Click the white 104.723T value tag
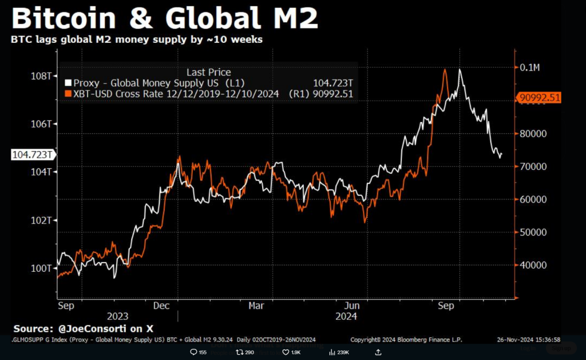pos(33,155)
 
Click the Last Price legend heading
pos(209,72)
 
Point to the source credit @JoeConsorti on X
pos(84,329)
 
